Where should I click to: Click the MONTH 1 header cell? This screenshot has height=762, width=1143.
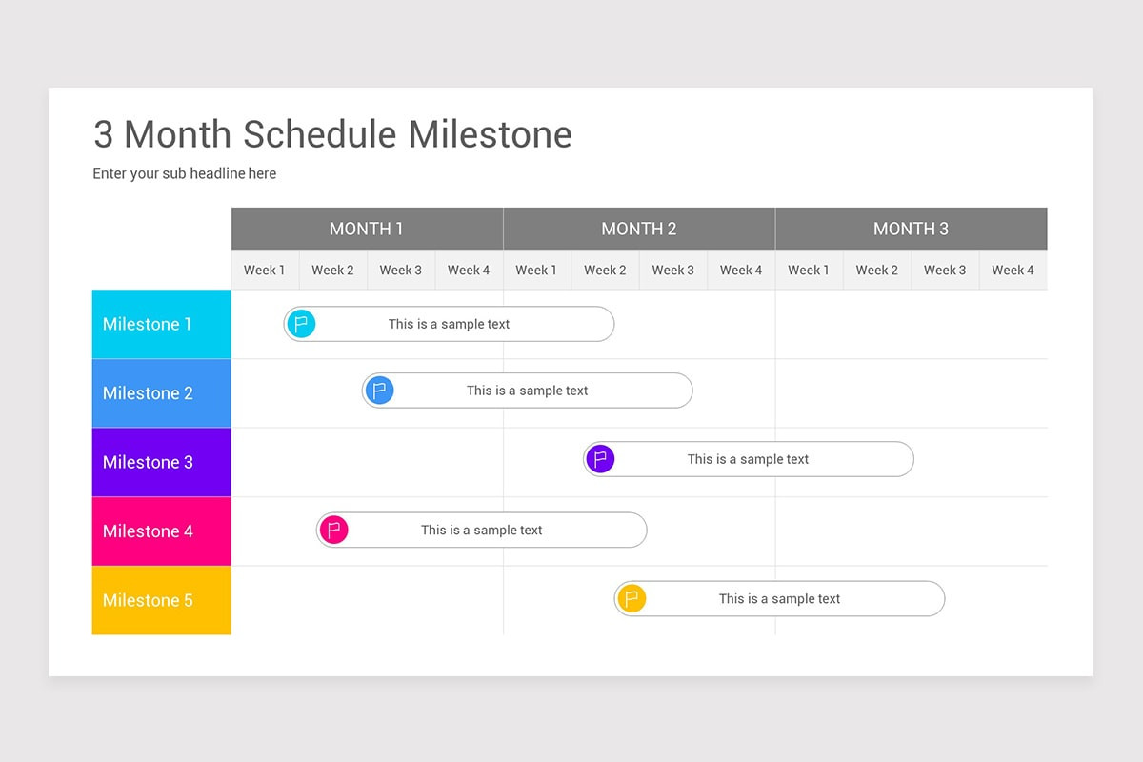coord(367,229)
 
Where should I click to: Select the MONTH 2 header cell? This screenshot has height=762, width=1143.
coord(639,229)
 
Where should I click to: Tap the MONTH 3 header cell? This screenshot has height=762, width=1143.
coord(911,229)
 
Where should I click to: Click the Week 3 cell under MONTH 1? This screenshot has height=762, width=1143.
coord(401,271)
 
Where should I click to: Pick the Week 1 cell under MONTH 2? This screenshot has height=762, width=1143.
coord(537,271)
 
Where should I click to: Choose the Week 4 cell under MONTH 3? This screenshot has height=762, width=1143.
coord(1013,271)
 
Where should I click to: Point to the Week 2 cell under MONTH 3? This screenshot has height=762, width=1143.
coord(876,271)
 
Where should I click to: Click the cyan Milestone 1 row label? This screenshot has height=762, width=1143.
coord(161,325)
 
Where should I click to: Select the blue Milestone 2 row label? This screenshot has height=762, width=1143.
coord(161,393)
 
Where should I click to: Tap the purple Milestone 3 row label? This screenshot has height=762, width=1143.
coord(161,462)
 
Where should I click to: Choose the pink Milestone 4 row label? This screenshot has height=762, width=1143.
coord(161,531)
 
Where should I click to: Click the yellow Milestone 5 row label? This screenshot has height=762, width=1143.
coord(161,600)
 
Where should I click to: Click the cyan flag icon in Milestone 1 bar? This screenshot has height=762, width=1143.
coord(301,324)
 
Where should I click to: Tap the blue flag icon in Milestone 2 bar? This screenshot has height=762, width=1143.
coord(379,391)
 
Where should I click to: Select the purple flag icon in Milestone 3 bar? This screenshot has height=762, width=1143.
coord(600,459)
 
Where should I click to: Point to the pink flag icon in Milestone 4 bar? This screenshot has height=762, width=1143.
coord(333,530)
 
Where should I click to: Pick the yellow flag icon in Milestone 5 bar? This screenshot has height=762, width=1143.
coord(632,599)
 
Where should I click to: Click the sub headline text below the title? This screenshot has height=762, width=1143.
coord(185,173)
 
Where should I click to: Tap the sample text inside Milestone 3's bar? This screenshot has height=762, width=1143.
coord(748,459)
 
